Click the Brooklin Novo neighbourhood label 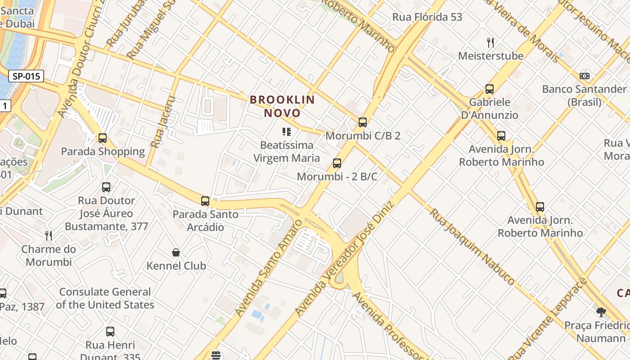point(282,106)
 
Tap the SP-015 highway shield point(26,76)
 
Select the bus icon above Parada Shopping point(103,138)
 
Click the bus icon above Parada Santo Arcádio point(205,201)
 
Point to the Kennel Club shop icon point(176,252)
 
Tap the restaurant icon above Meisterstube point(490,43)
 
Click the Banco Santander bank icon point(585,76)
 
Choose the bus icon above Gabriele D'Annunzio point(490,89)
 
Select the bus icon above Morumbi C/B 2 point(363,122)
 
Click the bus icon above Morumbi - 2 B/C point(337,163)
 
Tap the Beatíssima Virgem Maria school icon point(286,132)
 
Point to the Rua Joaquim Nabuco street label point(472,247)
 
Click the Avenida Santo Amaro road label point(268,268)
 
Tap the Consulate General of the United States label point(105,298)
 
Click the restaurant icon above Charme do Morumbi point(49,235)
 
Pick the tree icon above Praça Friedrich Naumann point(601,312)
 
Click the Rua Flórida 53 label point(427,17)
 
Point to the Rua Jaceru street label point(163,121)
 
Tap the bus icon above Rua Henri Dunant point(110,332)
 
